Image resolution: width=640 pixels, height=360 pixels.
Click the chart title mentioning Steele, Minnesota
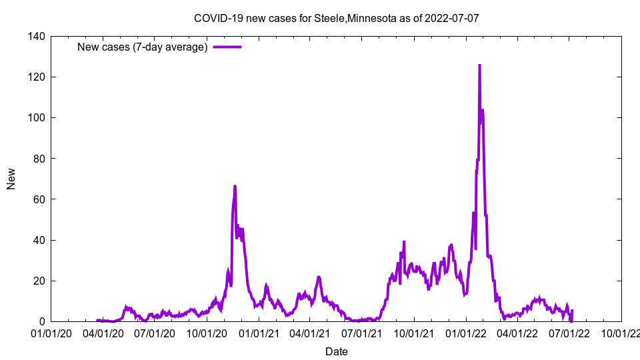coord(336,18)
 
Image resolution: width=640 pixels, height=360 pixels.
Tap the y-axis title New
coord(11,179)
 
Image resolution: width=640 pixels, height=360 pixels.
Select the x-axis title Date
coord(336,351)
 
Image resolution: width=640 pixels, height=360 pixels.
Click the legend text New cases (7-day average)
coord(143,47)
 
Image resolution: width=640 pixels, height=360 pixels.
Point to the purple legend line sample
coord(227,47)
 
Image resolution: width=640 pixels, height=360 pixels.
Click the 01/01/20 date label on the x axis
coord(51,333)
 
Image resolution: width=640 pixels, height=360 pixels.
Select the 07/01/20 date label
coord(155,333)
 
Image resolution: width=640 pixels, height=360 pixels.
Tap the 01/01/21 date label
coord(259,333)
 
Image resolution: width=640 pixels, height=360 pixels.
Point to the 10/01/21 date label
coord(415,333)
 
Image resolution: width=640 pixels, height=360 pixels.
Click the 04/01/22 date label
coord(518,333)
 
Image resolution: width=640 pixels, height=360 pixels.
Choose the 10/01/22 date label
coord(621,333)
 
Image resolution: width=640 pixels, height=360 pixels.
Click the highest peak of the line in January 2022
coord(479,65)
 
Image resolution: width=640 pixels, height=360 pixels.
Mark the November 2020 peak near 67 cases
coord(235,186)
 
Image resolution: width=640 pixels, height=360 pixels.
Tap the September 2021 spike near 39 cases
coord(404,242)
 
